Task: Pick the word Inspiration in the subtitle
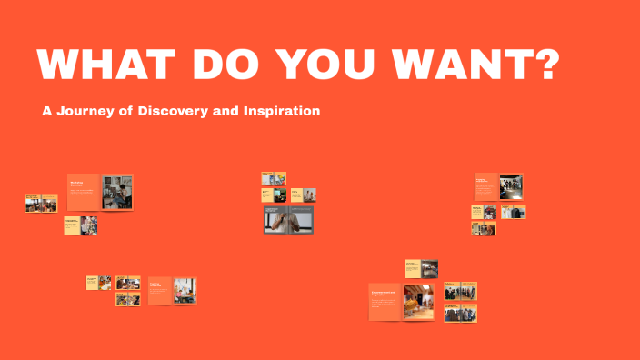coord(282,111)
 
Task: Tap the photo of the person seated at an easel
coord(117,192)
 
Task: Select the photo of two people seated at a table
coord(185,290)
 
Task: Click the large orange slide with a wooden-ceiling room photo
coord(403,302)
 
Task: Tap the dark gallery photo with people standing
coord(511,186)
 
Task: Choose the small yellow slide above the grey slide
coord(274,179)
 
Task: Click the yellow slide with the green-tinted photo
coord(274,195)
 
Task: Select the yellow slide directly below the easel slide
coord(81,225)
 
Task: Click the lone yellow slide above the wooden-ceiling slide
coord(422,268)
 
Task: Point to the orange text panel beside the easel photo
coord(84,192)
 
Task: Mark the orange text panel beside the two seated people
coord(160,290)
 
